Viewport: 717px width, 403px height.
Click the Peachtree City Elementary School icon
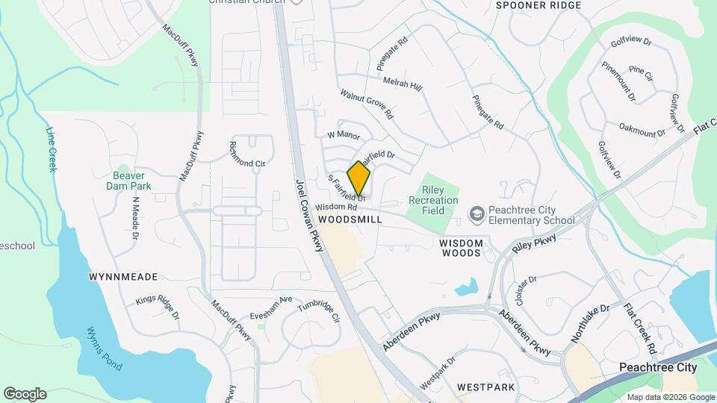pyautogui.click(x=476, y=215)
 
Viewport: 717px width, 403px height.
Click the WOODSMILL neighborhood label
pyautogui.click(x=350, y=220)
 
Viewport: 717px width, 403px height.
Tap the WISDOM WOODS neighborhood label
pyautogui.click(x=461, y=249)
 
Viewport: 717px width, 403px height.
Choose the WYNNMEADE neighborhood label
pyautogui.click(x=123, y=277)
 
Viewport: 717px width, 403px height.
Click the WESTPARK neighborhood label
pyautogui.click(x=485, y=387)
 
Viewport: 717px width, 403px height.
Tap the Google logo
pyautogui.click(x=25, y=394)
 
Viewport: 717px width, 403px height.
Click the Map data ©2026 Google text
pyautogui.click(x=670, y=397)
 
